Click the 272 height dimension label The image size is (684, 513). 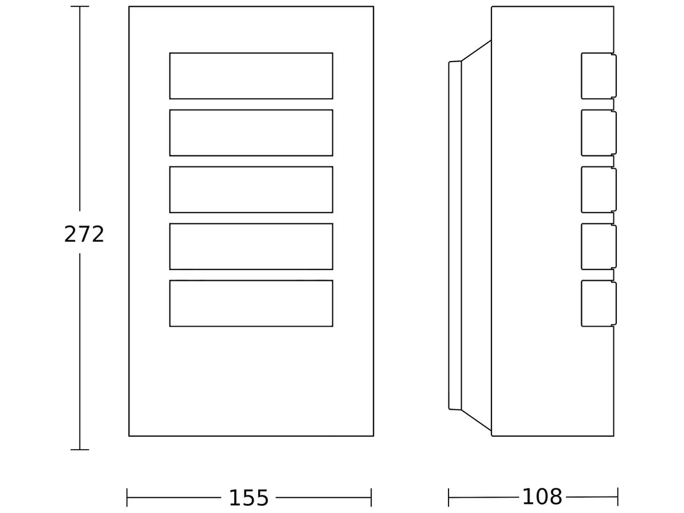click(84, 234)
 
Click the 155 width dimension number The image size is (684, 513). click(249, 498)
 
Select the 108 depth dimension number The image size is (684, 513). click(542, 497)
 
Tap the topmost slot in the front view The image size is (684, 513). click(251, 76)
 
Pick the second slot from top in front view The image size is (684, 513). click(251, 133)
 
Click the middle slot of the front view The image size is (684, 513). click(251, 190)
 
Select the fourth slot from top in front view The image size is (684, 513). click(251, 246)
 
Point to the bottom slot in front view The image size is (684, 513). click(251, 303)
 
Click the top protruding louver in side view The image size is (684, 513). click(598, 76)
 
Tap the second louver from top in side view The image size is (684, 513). click(598, 133)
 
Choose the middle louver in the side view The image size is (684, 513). click(598, 190)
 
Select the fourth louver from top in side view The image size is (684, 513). click(598, 246)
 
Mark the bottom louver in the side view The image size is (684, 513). click(598, 303)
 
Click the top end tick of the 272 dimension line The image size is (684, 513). click(80, 6)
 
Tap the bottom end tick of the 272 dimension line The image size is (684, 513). click(80, 450)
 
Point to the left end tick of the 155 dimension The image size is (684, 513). click(127, 498)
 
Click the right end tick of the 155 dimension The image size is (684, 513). click(371, 498)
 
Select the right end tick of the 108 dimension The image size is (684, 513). click(618, 497)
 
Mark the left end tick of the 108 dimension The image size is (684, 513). click(449, 498)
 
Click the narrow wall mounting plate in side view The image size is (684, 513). click(455, 235)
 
